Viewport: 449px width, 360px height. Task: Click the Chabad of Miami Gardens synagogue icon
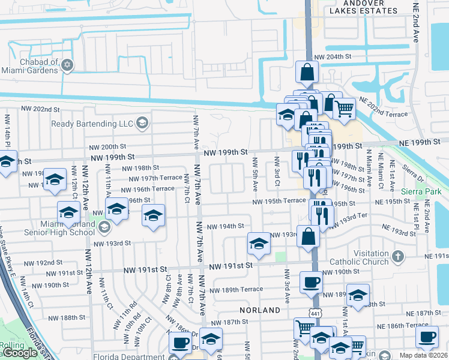click(67, 65)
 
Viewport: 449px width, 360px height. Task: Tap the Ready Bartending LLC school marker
click(142, 124)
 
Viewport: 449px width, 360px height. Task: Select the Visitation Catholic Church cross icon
click(397, 257)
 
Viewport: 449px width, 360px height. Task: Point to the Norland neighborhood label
click(260, 310)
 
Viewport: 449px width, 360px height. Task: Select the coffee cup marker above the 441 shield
click(310, 282)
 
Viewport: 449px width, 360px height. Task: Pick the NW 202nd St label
click(41, 110)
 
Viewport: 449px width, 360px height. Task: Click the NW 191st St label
click(228, 266)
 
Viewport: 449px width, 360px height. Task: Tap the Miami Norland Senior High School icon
click(105, 226)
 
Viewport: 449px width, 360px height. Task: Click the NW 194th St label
click(225, 226)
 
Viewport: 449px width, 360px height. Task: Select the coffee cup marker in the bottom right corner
click(427, 337)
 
